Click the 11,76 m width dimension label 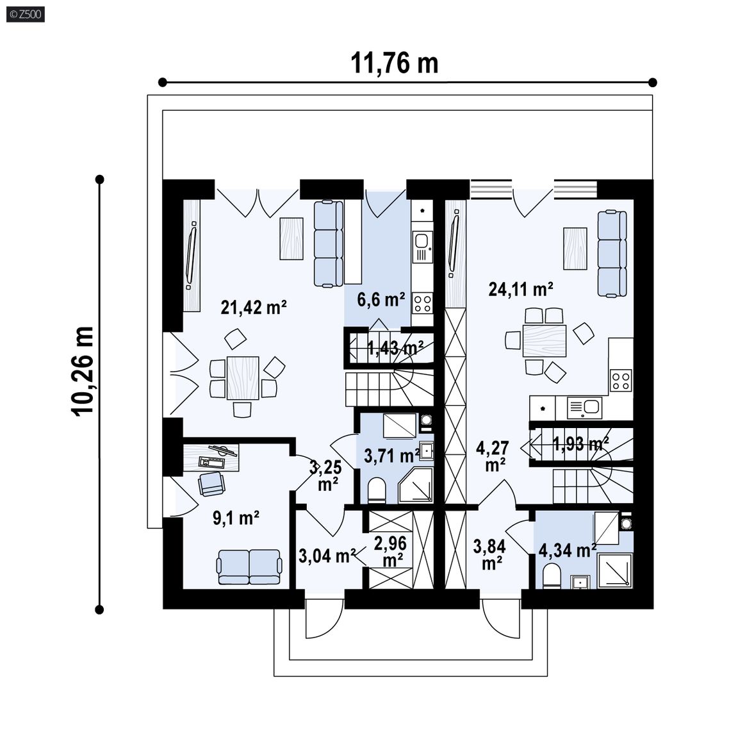click(395, 63)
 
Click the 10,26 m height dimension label click(83, 371)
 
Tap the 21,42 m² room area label click(254, 308)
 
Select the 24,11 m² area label click(521, 289)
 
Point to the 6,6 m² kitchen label click(381, 299)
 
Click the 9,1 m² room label click(236, 518)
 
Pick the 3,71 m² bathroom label click(392, 456)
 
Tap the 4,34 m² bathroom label click(567, 550)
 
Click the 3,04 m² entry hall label click(327, 556)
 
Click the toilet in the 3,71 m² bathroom click(377, 490)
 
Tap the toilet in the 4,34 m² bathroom click(551, 576)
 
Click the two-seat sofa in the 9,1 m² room click(249, 566)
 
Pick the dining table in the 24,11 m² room click(545, 340)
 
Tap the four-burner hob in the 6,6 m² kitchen click(422, 302)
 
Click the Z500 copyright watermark click(26, 14)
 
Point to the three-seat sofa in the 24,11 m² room click(612, 254)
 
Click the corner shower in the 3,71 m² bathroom click(416, 485)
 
